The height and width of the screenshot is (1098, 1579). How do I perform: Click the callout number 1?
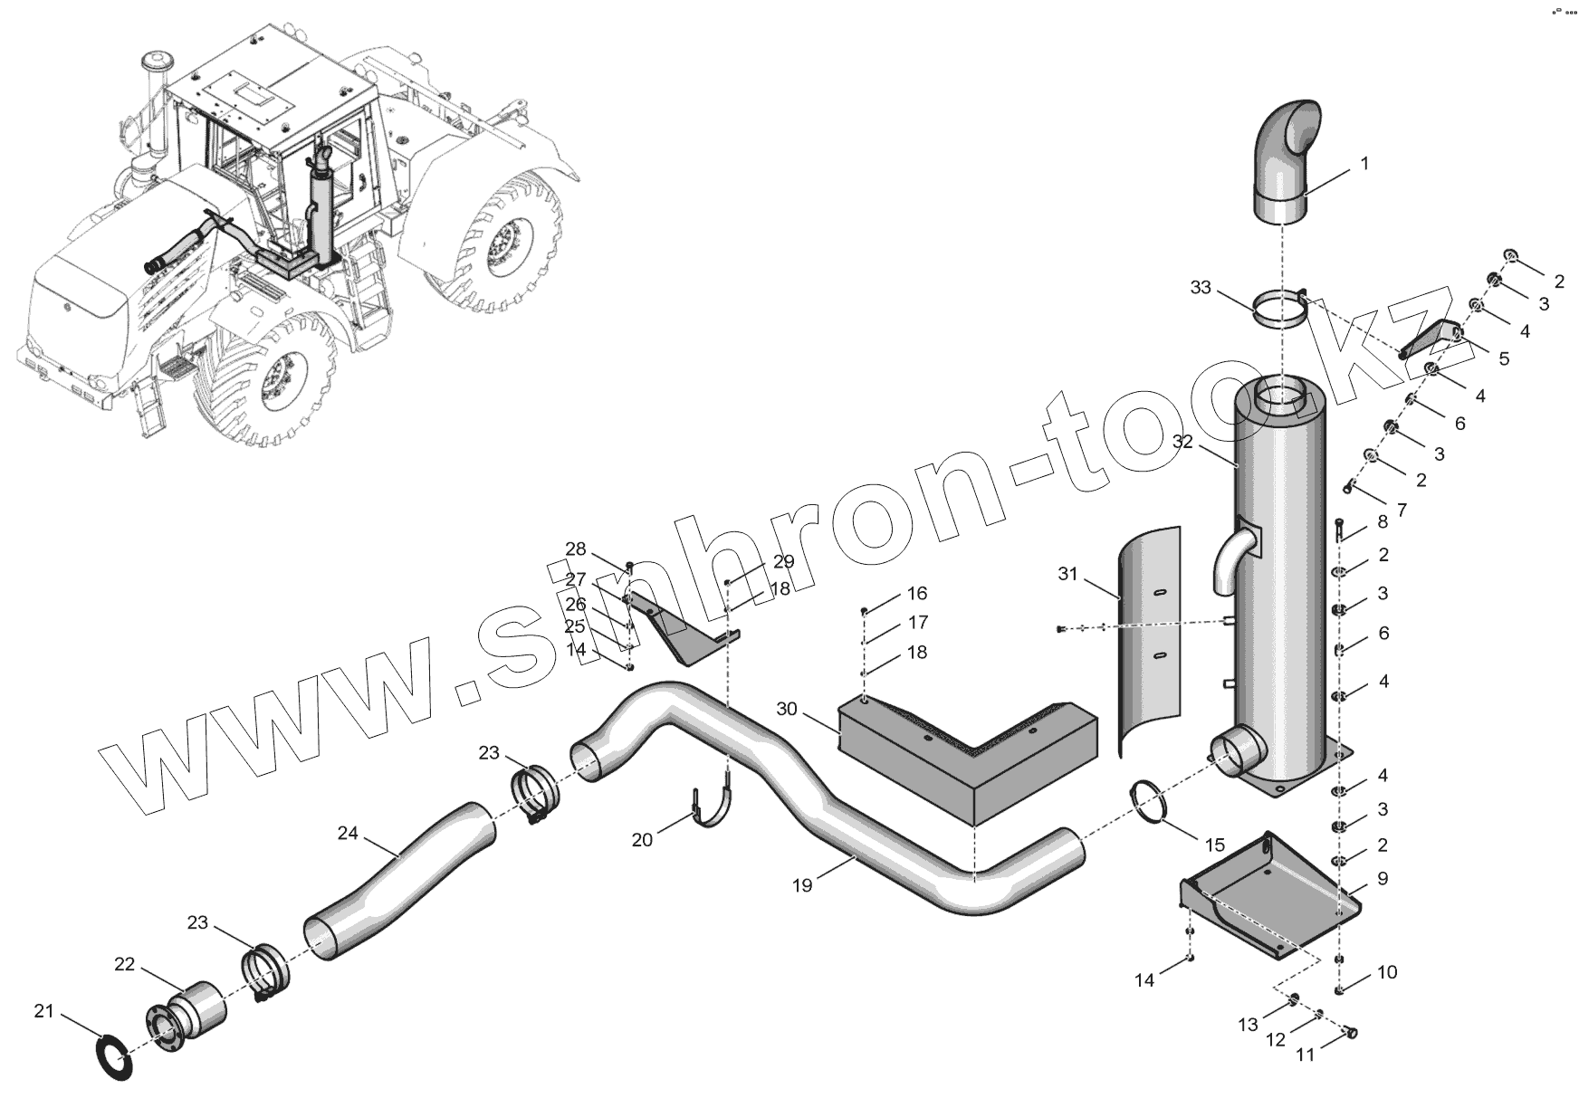coord(1364,164)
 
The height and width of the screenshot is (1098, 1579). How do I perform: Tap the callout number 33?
coord(1201,288)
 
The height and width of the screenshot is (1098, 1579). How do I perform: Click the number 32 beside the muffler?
coord(1183,442)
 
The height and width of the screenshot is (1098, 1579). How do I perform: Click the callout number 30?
coord(787,709)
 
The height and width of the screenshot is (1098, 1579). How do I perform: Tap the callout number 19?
coord(802,885)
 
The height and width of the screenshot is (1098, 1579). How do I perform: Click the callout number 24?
coord(348,833)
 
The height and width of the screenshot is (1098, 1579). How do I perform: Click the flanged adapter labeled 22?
coord(187,1019)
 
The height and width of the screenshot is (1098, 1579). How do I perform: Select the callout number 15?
coord(1215,845)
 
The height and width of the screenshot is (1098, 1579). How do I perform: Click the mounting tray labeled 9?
coord(1268,896)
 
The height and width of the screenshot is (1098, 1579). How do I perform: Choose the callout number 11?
coord(1305,1055)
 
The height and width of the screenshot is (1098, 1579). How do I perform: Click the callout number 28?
coord(576,549)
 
